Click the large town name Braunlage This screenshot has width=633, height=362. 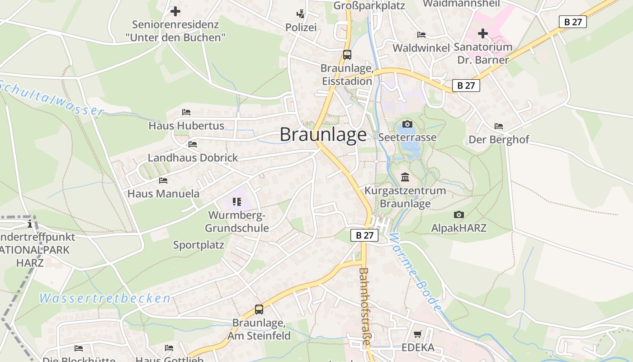(323, 135)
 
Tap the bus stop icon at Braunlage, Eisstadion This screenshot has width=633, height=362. (347, 55)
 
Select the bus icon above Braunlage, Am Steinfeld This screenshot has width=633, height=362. (259, 310)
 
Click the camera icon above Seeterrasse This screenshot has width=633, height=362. (407, 124)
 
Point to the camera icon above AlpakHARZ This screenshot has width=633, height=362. (459, 214)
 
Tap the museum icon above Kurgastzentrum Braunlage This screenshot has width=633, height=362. (405, 177)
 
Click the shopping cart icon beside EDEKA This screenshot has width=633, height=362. (418, 334)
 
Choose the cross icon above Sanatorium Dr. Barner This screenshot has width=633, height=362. (483, 33)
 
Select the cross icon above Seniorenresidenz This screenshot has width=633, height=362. (175, 11)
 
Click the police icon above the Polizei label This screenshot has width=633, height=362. (301, 14)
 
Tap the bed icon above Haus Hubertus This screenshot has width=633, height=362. (186, 112)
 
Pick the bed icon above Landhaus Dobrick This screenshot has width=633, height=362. (193, 144)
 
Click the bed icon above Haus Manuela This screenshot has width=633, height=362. (163, 181)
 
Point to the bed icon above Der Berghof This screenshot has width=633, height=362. (499, 126)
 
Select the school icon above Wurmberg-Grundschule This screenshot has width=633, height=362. (237, 201)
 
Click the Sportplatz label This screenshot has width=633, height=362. (198, 245)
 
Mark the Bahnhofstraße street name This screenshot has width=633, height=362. (364, 307)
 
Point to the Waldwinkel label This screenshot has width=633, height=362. (421, 48)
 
